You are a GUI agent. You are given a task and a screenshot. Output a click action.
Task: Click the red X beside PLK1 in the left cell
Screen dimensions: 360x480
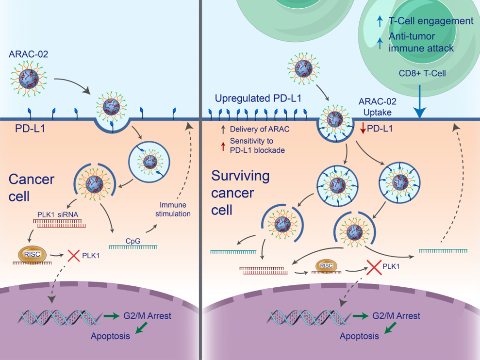pyautogui.click(x=74, y=255)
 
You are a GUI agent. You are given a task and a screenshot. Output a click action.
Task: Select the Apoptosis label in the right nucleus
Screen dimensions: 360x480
pyautogui.click(x=359, y=336)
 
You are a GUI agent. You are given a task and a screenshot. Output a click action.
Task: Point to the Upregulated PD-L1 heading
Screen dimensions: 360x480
pyautogui.click(x=259, y=98)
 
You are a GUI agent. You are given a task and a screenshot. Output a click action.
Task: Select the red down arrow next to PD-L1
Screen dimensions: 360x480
pyautogui.click(x=362, y=129)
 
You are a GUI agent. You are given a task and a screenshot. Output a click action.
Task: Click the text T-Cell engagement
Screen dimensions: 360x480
pyautogui.click(x=431, y=21)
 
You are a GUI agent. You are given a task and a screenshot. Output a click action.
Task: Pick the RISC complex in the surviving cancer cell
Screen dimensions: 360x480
pyautogui.click(x=325, y=265)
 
